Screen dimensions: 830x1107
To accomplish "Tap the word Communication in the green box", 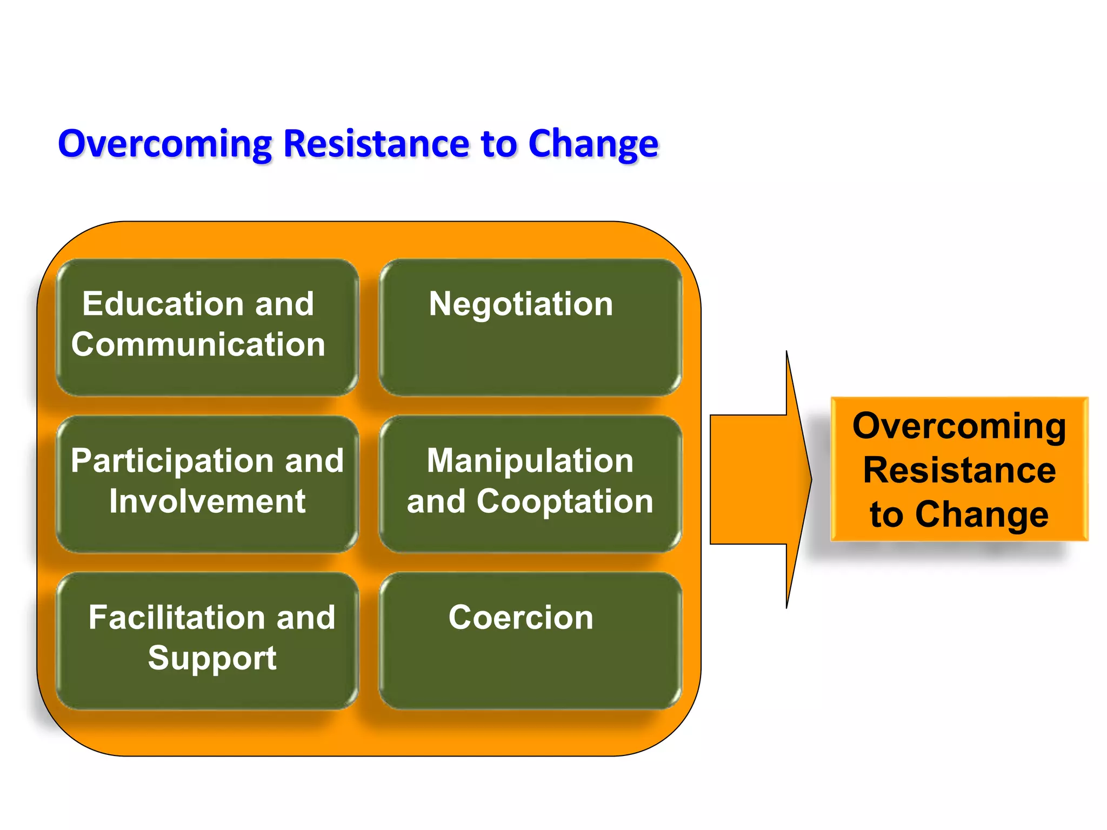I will click(198, 345).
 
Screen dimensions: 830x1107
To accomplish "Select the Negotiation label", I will click(521, 304).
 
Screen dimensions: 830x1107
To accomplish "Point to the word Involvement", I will click(207, 501).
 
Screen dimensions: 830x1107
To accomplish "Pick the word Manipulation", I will click(530, 461).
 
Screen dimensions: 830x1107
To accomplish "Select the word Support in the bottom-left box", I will click(212, 658).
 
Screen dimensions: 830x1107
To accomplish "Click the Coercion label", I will click(521, 618).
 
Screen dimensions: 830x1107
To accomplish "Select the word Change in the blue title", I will click(593, 144).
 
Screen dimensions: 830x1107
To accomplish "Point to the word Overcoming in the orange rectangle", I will click(959, 426).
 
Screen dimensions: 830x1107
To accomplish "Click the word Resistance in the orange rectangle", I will click(959, 470).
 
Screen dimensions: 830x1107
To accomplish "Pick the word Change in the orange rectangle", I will click(981, 514).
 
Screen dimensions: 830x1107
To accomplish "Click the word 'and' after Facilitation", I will click(306, 618).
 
